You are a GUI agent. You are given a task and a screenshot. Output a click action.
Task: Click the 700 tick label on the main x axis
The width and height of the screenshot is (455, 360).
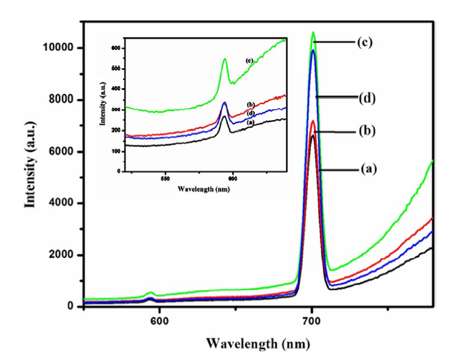coord(312,320)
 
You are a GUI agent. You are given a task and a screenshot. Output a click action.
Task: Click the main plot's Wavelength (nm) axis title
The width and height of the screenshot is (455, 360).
coord(248,345)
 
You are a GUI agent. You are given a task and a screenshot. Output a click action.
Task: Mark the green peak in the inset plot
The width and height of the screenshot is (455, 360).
coord(225,59)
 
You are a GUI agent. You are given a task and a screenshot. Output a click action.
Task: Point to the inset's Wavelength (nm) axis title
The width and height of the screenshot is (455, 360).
coord(204,189)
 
